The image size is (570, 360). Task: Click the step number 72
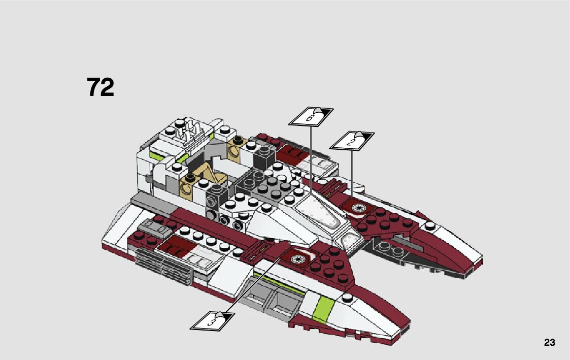pos(100,87)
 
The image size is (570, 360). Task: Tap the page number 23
pos(550,343)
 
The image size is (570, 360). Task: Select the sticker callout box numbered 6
pos(311,116)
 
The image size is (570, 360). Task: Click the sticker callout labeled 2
pos(352,141)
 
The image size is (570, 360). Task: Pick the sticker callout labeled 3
pos(213,320)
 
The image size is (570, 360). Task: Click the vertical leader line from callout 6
pos(311,162)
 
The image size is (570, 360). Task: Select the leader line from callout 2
pos(352,173)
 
